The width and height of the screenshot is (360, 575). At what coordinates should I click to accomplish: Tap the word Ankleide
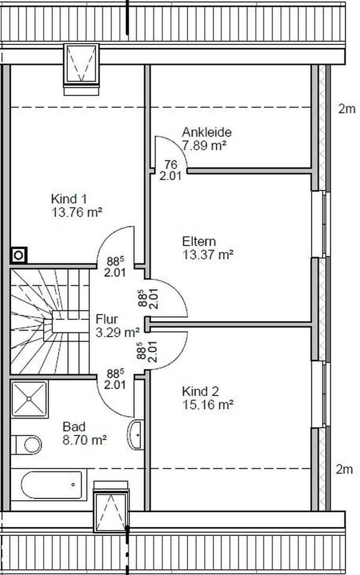click(x=207, y=132)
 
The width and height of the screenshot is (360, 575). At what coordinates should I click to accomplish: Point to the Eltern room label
click(x=199, y=241)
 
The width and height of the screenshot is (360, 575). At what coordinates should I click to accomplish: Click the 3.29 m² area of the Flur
click(x=117, y=331)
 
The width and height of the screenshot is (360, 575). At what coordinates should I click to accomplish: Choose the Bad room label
click(x=74, y=426)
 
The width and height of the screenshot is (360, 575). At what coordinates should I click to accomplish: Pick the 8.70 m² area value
click(x=84, y=440)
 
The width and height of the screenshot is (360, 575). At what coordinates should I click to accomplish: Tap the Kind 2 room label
click(x=200, y=391)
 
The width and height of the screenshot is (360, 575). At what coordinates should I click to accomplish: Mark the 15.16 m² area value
click(x=207, y=404)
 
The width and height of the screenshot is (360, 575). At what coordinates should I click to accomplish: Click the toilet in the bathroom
click(x=28, y=444)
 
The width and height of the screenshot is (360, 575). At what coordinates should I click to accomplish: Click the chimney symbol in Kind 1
click(x=18, y=256)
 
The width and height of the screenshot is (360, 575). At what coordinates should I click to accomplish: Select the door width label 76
click(x=171, y=165)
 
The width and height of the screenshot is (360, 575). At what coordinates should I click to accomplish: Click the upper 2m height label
click(x=346, y=108)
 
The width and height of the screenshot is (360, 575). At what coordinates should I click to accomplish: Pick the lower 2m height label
click(x=344, y=469)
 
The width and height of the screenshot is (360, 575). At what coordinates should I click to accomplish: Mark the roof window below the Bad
click(x=111, y=507)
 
